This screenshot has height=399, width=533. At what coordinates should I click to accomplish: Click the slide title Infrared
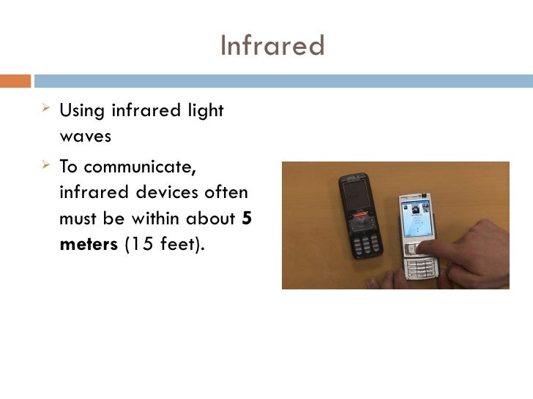tap(272, 46)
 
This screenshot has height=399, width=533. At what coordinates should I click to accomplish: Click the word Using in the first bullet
tap(82, 111)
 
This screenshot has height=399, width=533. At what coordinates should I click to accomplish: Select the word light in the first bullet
tap(206, 111)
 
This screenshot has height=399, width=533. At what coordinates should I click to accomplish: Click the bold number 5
tap(247, 218)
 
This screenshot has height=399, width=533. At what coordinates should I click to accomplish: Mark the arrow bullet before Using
tap(46, 110)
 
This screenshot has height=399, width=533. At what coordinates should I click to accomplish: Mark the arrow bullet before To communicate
tap(46, 165)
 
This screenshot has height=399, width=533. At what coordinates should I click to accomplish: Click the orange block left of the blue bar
tap(15, 80)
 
